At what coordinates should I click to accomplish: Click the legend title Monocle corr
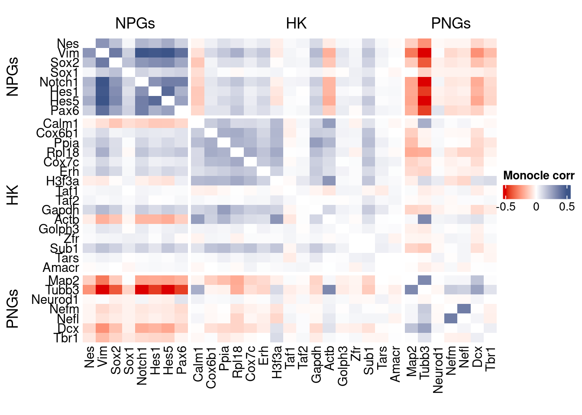539,176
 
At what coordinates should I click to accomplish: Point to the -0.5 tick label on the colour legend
506,207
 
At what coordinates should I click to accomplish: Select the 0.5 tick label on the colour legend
567,207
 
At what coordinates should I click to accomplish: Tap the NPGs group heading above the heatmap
135,23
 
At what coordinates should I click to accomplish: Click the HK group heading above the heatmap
297,23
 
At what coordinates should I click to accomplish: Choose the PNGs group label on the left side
13,309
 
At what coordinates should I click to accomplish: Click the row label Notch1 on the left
59,82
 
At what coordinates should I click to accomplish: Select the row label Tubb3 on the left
62,290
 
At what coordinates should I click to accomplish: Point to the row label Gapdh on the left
60,210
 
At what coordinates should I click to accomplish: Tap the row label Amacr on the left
61,268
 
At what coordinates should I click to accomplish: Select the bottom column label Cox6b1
211,367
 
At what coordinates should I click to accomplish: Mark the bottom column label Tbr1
490,358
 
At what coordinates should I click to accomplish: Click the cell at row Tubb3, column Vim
103,290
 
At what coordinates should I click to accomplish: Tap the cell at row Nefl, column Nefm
451,318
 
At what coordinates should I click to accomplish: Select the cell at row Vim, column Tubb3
424,53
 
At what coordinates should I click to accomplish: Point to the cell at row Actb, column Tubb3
424,220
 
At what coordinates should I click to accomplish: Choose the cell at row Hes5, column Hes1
155,101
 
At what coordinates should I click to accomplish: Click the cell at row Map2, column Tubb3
424,280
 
